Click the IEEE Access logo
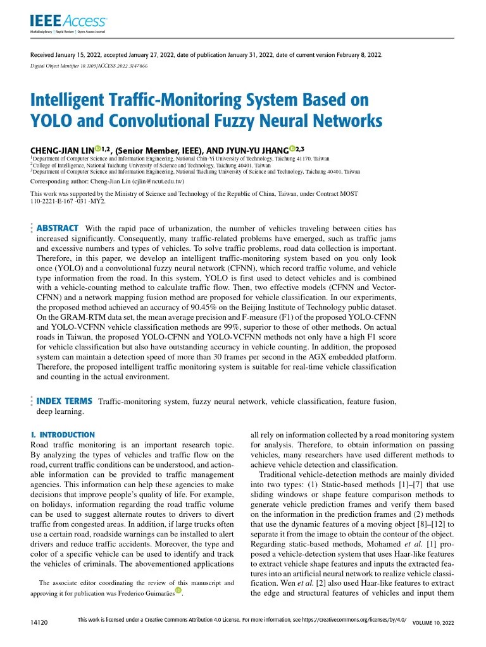[69, 22]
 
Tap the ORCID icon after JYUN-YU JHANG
[292, 148]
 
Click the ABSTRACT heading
[58, 228]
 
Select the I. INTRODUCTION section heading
[63, 435]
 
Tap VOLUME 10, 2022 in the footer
[433, 623]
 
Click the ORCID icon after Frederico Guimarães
[178, 591]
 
